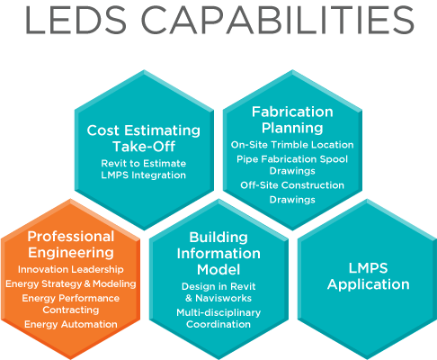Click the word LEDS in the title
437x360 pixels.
pyautogui.click(x=76, y=20)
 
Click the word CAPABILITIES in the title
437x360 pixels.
pyautogui.click(x=278, y=20)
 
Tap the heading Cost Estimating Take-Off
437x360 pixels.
pyautogui.click(x=144, y=139)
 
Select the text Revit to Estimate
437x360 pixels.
pyautogui.click(x=144, y=163)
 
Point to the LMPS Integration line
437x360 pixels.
pyautogui.click(x=144, y=175)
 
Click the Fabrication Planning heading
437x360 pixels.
pyautogui.click(x=292, y=120)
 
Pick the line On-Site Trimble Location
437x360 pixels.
pyautogui.click(x=292, y=145)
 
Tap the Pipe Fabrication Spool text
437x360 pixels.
pyautogui.click(x=292, y=159)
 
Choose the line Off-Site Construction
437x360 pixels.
pyautogui.click(x=292, y=185)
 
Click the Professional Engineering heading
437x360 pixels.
pyautogui.click(x=71, y=244)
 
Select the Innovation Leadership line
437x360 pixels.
pyautogui.click(x=71, y=269)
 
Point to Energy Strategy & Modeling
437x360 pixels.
pyautogui.click(x=71, y=283)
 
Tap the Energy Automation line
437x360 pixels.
pyautogui.click(x=71, y=324)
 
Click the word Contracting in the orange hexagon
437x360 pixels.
pyautogui.click(x=71, y=310)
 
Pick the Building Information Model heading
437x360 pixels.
pyautogui.click(x=218, y=254)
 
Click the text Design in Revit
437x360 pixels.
pyautogui.click(x=218, y=286)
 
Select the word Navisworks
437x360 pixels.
pyautogui.click(x=223, y=298)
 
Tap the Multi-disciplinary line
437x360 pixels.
pyautogui.click(x=218, y=312)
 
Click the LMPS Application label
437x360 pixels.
pyautogui.click(x=369, y=276)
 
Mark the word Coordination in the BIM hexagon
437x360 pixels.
pyautogui.click(x=218, y=324)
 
